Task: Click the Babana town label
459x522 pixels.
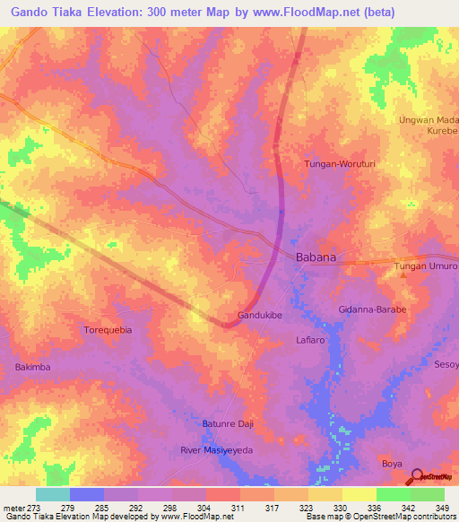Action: click(x=316, y=257)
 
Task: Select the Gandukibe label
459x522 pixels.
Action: click(x=261, y=316)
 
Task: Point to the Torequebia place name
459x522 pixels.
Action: click(x=108, y=330)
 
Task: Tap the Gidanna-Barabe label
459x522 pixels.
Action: click(x=372, y=309)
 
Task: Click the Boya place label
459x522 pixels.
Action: click(x=392, y=463)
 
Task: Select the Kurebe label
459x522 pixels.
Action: click(x=439, y=132)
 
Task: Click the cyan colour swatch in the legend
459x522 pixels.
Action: click(x=53, y=494)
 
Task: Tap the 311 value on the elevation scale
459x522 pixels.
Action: click(x=238, y=509)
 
